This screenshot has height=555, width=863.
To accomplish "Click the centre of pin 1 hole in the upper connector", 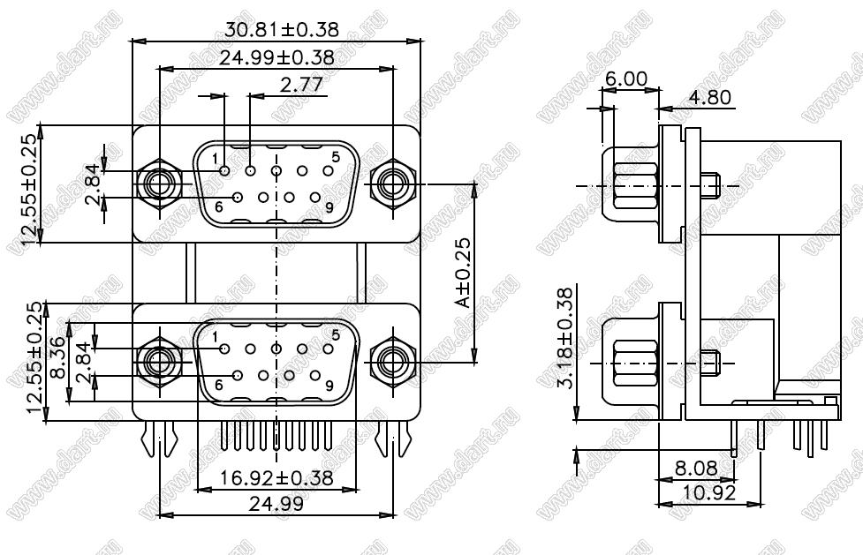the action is pyautogui.click(x=224, y=170).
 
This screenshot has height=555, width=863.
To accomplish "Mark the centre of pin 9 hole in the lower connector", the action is pyautogui.click(x=314, y=376).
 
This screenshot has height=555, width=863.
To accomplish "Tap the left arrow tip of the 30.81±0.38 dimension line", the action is pyautogui.click(x=133, y=41).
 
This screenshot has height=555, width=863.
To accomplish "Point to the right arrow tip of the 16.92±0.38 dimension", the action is pyautogui.click(x=357, y=489).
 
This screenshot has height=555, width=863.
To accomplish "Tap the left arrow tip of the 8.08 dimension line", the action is pyautogui.click(x=658, y=480).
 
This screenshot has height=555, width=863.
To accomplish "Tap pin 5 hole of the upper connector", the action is pyautogui.click(x=328, y=170).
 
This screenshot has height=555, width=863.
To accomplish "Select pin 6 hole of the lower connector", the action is pyautogui.click(x=238, y=376).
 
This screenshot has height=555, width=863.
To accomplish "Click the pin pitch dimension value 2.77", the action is pyautogui.click(x=301, y=86).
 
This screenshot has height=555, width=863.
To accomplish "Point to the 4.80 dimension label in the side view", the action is pyautogui.click(x=710, y=97).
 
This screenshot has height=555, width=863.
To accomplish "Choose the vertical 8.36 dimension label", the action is pyautogui.click(x=57, y=357).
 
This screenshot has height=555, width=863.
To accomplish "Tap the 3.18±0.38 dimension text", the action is pyautogui.click(x=566, y=337).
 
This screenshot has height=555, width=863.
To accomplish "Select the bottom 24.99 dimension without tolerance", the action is pyautogui.click(x=276, y=503).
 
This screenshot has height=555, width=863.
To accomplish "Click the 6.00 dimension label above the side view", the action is pyautogui.click(x=626, y=79).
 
